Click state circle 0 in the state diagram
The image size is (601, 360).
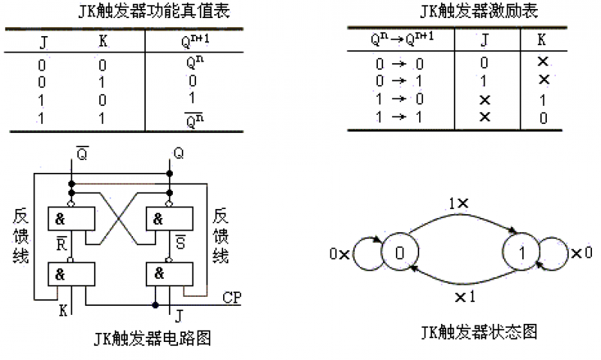[399, 253]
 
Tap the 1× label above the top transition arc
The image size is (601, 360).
[458, 203]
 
